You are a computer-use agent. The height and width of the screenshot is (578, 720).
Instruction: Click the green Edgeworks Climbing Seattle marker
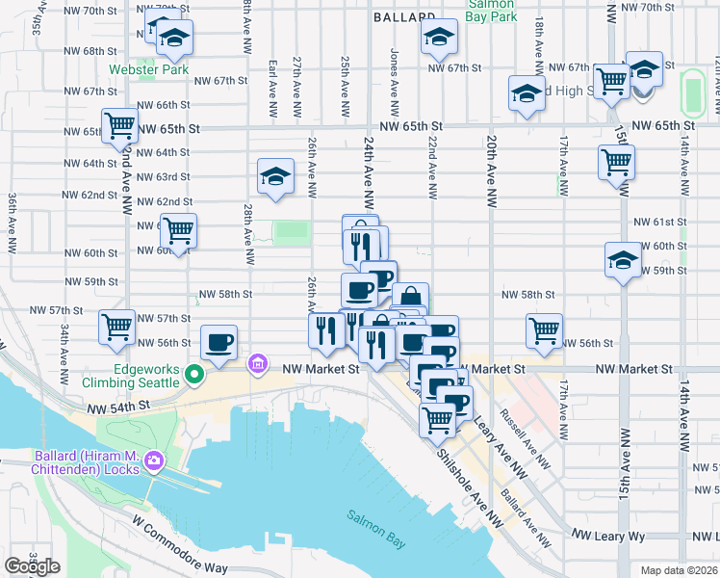coord(194,374)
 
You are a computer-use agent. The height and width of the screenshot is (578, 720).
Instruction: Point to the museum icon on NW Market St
coord(257,364)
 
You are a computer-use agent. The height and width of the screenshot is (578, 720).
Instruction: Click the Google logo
coord(32,566)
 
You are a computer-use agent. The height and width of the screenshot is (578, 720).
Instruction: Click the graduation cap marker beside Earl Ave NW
coord(276,176)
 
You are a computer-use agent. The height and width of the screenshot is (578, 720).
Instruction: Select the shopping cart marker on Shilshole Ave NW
coord(438,419)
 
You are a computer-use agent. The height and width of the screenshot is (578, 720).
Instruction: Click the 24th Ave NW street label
coord(369,169)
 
